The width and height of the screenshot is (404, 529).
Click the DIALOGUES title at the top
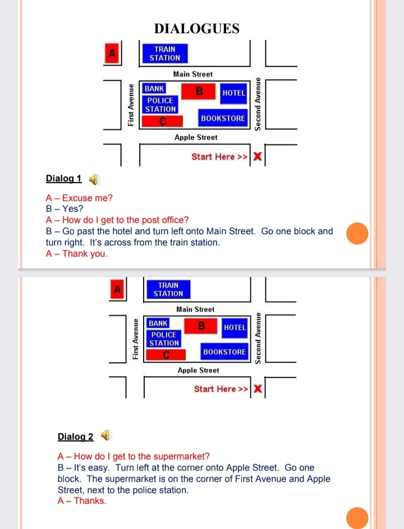click(196, 29)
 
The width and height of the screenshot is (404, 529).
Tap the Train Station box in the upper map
click(164, 54)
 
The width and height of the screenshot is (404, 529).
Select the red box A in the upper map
click(112, 53)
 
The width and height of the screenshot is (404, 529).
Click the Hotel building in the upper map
click(233, 93)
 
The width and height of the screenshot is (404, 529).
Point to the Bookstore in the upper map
click(223, 118)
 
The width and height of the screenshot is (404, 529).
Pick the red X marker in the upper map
click(258, 157)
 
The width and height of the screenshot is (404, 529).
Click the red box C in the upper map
click(162, 121)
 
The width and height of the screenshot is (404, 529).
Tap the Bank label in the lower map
click(158, 323)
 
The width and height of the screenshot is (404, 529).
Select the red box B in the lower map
click(201, 325)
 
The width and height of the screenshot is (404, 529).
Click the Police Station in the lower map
click(164, 339)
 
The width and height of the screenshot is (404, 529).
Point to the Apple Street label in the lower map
click(198, 371)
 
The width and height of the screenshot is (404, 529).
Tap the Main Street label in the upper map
click(193, 74)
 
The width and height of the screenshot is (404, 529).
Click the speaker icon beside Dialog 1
click(94, 179)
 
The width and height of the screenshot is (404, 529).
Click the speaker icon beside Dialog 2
click(106, 435)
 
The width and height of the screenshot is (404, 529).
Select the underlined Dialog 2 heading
click(75, 436)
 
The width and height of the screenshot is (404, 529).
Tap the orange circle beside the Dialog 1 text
click(357, 233)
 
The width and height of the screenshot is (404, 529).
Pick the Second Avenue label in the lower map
click(258, 339)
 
